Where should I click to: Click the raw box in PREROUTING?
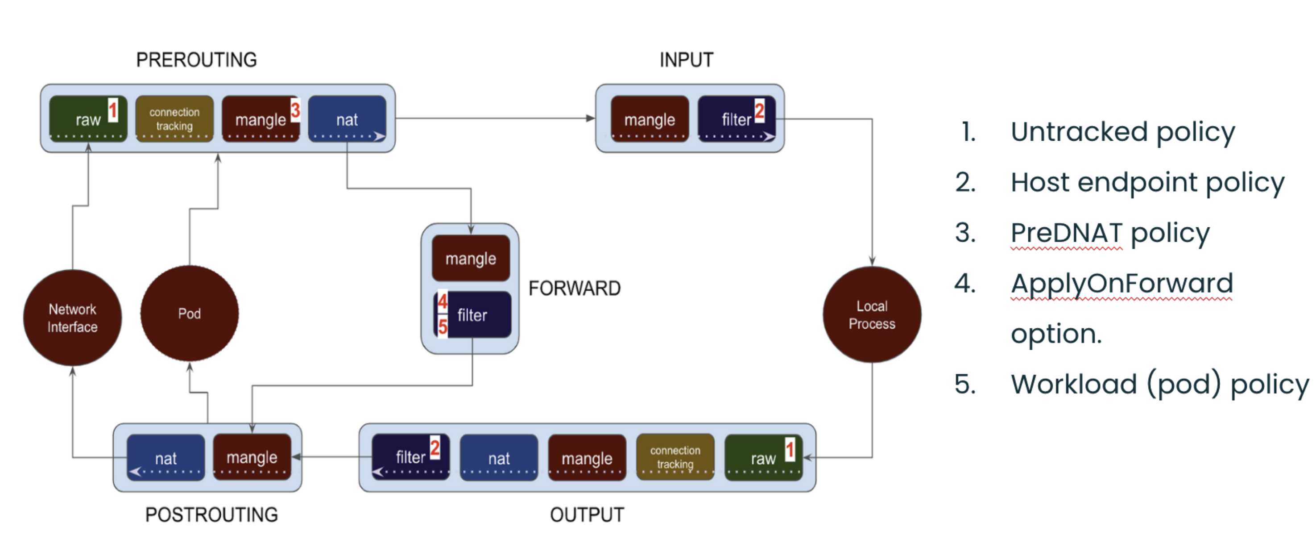[x=88, y=119]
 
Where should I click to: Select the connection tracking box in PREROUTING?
[x=174, y=119]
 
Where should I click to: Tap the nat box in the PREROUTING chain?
[x=347, y=119]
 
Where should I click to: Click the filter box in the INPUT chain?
[x=736, y=119]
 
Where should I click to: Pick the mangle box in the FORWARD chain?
[x=471, y=258]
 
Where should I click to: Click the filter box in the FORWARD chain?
[x=472, y=314]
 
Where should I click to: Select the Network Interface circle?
[x=73, y=318]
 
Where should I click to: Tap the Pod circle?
[x=189, y=313]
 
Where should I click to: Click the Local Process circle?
[x=872, y=314]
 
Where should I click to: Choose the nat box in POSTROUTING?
[x=166, y=457]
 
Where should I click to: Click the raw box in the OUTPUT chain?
[x=763, y=457]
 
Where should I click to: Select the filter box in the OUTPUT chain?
[x=410, y=456]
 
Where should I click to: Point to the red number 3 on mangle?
[x=295, y=109]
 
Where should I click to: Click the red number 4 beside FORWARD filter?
[x=443, y=301]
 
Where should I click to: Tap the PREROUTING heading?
[x=196, y=60]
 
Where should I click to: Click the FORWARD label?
[x=574, y=289]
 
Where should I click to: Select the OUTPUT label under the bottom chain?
[x=587, y=515]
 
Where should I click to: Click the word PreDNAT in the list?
[x=1066, y=233]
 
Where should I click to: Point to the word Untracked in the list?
[x=1079, y=132]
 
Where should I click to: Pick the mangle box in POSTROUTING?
[x=252, y=456]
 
